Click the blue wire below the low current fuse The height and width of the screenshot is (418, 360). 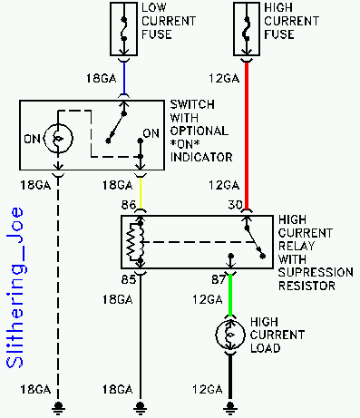point(124,78)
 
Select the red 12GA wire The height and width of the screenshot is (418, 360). point(247,135)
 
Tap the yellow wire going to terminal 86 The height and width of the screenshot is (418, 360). point(141,192)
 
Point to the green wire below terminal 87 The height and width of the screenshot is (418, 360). point(230,295)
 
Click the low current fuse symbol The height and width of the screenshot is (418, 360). point(123,29)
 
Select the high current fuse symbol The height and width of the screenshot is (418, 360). point(247,29)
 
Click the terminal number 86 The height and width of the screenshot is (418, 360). point(129,205)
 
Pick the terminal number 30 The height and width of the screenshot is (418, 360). point(235,205)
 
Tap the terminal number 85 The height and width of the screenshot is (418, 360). point(129,279)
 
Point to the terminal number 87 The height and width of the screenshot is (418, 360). point(219,279)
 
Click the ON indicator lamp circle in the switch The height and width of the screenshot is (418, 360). point(58,139)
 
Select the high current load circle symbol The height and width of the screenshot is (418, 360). point(230,335)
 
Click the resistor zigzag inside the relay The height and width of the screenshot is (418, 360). point(131,242)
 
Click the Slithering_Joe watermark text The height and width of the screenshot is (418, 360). point(15,287)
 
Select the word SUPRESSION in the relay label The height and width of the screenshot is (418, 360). point(316,272)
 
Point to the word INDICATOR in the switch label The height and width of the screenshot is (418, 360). point(201,157)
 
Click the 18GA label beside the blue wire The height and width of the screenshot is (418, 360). point(101,79)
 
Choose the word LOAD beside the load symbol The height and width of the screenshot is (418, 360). point(266,348)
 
